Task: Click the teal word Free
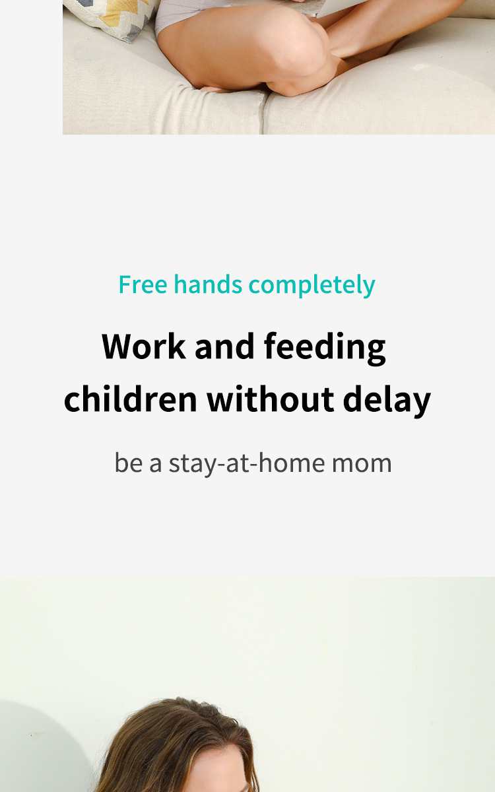[143, 284]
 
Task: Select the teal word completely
[312, 286]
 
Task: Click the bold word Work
[144, 346]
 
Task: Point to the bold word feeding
[325, 348]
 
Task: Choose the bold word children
[131, 399]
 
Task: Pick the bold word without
[271, 399]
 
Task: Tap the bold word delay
[387, 401]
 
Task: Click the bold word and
[224, 346]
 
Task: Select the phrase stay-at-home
[247, 463]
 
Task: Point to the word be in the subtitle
[129, 463]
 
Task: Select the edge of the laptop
[339, 10]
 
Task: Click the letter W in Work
[122, 346]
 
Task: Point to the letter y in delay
[421, 403]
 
